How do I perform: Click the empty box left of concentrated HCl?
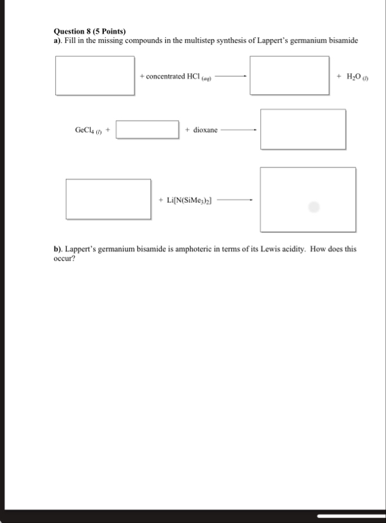click(94, 75)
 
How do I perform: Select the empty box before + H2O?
click(289, 75)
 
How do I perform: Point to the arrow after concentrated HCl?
click(231, 77)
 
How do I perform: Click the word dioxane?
click(205, 130)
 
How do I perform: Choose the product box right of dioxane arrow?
click(303, 129)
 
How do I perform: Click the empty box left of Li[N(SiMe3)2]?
click(108, 198)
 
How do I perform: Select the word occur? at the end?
click(65, 259)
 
